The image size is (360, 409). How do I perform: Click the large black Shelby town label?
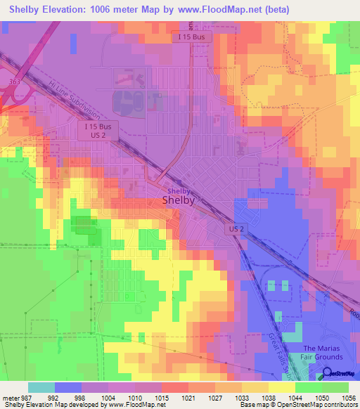(178, 200)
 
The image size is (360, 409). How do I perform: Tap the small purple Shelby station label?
(178, 190)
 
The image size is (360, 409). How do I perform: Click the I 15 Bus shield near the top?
(192, 37)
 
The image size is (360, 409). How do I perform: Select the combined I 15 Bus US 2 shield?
(98, 130)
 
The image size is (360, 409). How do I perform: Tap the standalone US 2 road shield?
(236, 229)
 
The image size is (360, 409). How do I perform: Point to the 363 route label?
(15, 82)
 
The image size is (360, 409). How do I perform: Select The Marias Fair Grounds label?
(323, 353)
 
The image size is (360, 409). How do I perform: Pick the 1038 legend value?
(268, 397)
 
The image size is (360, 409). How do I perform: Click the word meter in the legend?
(12, 397)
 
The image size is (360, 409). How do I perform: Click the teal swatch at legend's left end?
(41, 387)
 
